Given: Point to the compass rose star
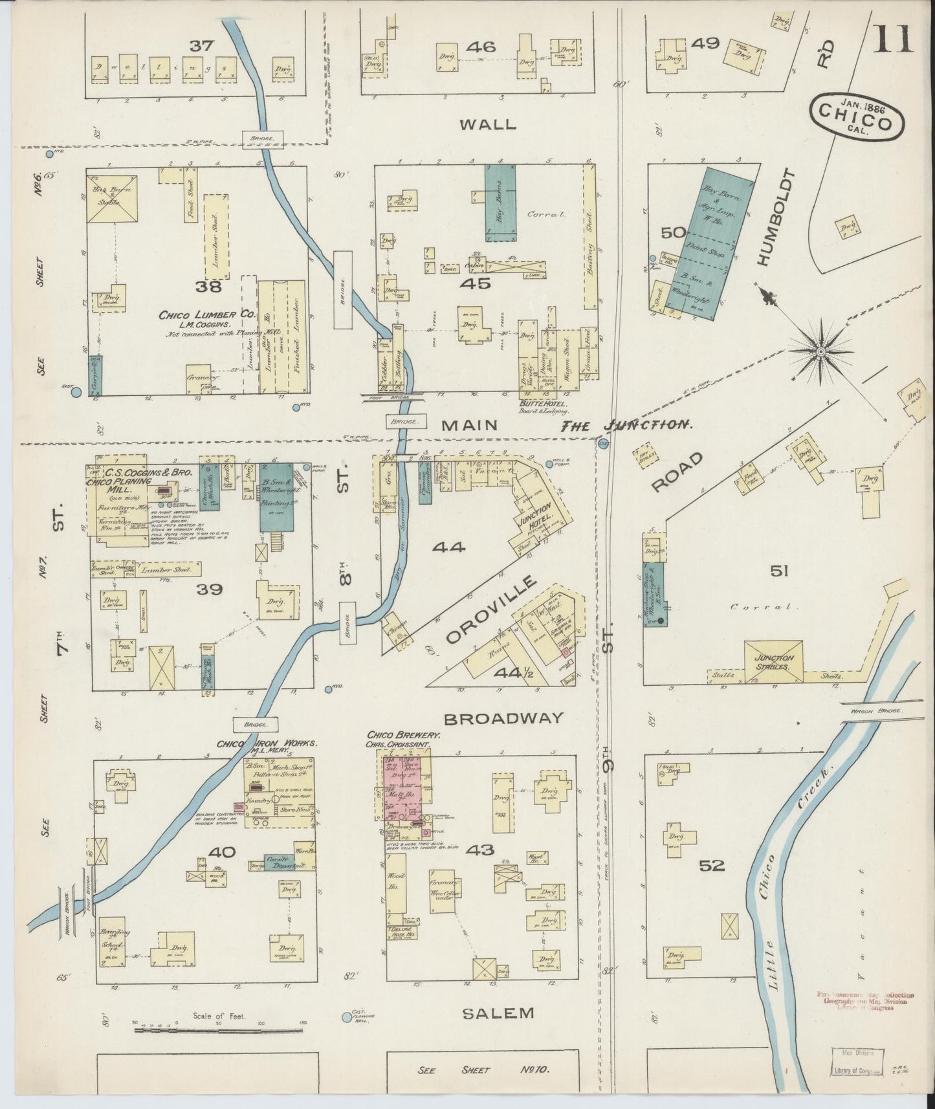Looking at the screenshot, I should pyautogui.click(x=820, y=351).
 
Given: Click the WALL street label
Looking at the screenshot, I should pyautogui.click(x=488, y=124).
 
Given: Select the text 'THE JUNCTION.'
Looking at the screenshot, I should pyautogui.click(x=626, y=425).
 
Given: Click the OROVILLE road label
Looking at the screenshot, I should pyautogui.click(x=492, y=610).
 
